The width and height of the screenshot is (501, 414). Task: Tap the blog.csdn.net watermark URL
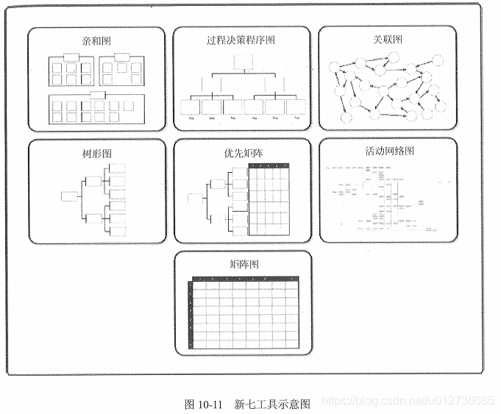click(408, 400)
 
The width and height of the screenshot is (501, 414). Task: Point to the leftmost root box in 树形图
click(71, 196)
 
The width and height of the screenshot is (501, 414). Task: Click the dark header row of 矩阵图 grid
click(245, 280)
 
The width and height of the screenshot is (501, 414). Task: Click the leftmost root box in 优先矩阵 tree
click(194, 198)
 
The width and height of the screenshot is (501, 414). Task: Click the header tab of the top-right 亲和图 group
click(119, 57)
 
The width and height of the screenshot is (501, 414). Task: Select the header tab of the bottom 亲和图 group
click(94, 96)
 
